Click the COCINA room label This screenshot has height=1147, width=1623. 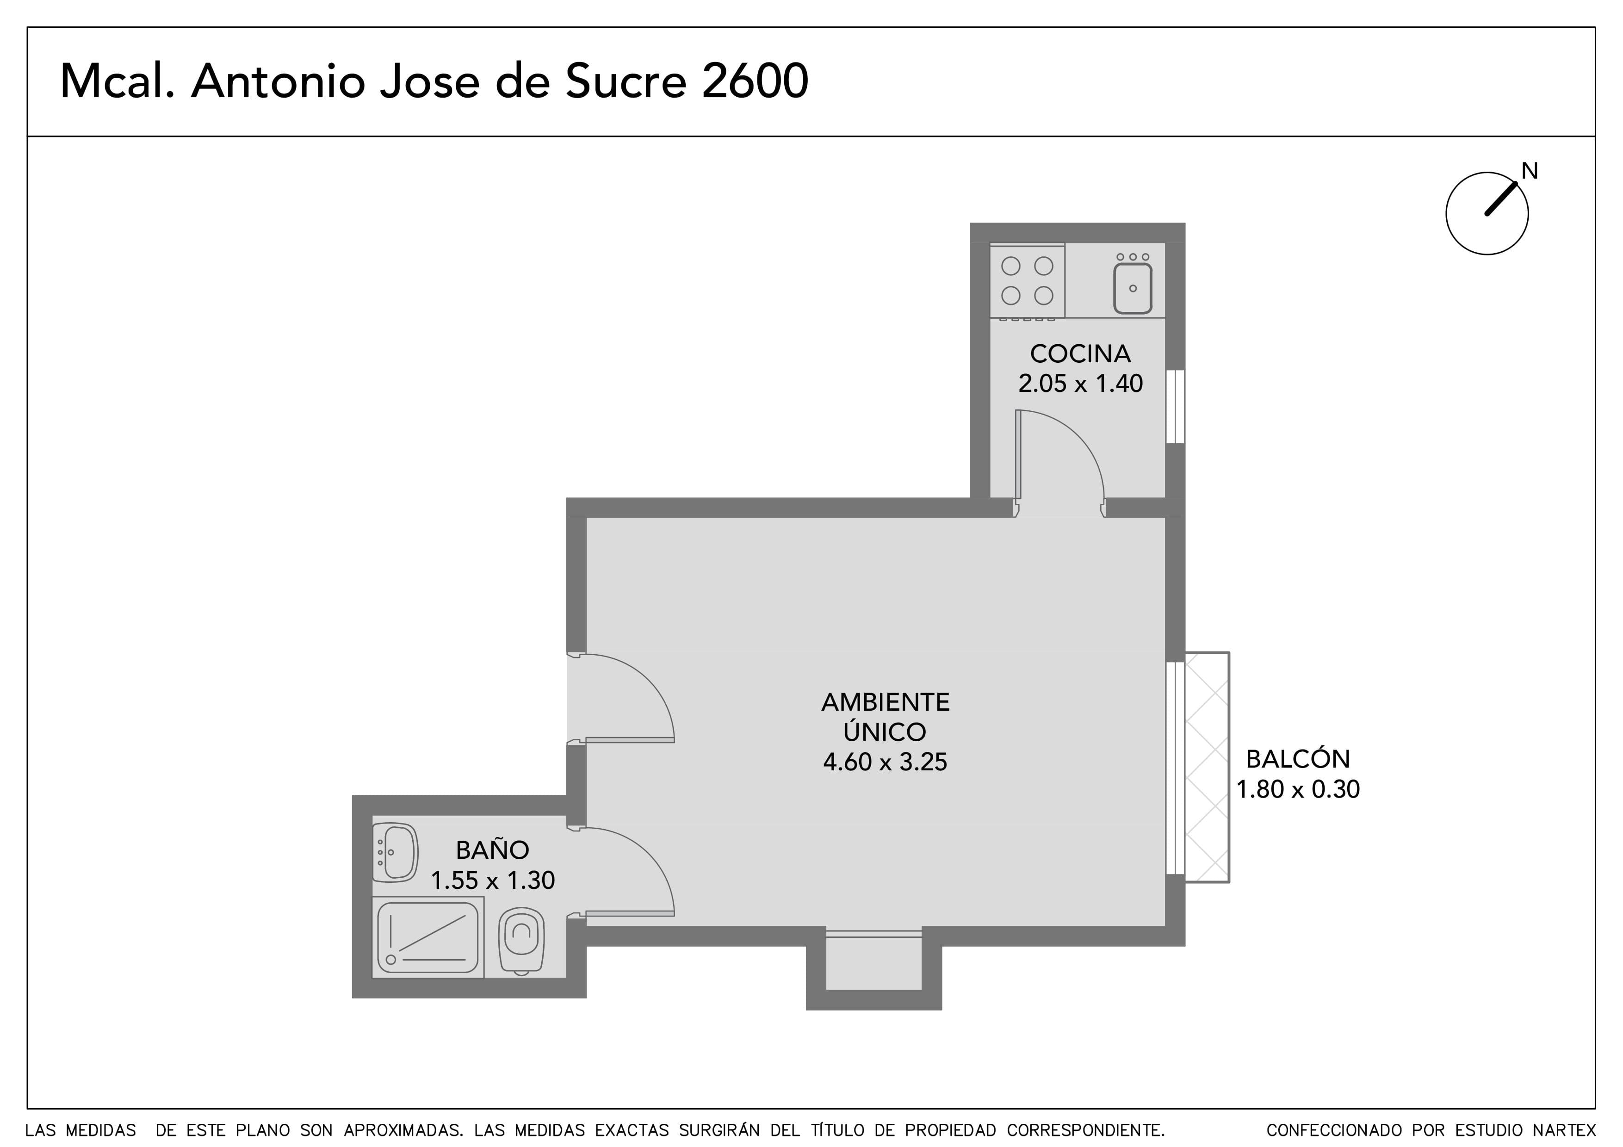1080,353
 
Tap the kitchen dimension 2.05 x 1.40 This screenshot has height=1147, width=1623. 1080,384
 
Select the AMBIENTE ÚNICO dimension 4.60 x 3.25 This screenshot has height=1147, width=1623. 885,762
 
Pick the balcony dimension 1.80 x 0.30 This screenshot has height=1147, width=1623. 1298,789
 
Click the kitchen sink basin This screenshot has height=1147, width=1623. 1133,288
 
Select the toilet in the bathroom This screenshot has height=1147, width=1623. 522,941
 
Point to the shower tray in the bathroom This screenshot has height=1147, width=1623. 427,938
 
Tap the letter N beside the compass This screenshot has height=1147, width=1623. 1530,170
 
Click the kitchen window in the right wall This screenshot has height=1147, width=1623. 1175,406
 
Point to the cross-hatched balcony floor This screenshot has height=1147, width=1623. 1208,767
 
